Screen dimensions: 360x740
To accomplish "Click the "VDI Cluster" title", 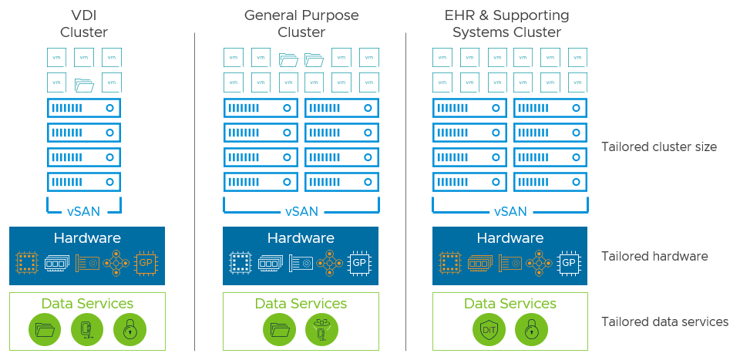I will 84,24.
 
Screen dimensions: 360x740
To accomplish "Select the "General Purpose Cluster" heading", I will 301,24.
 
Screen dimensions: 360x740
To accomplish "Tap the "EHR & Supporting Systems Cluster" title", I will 506,24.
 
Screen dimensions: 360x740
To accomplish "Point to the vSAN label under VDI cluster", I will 84,211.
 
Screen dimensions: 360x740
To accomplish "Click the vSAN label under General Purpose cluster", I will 301,211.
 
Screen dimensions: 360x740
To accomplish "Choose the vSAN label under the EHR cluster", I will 510,211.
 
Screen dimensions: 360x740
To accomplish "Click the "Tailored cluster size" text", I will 659,146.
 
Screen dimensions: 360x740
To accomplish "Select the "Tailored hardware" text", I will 654,256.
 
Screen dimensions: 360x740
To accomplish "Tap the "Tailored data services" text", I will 664,321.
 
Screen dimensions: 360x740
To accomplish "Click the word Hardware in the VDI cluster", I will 87,238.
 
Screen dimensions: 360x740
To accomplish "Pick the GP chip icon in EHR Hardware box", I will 569,263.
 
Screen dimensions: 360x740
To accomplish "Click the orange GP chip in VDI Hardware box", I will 146,263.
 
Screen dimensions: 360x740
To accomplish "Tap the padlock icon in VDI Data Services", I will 129,329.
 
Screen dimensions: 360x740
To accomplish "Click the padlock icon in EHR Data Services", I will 531,329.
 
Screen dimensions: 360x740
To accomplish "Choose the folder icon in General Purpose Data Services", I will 278,329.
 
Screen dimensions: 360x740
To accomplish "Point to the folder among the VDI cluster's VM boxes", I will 84,83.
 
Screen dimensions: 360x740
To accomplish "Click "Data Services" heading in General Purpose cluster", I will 301,304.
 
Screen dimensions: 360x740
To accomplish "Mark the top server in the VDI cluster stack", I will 84,108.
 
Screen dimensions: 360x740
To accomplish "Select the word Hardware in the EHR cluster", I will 510,238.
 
